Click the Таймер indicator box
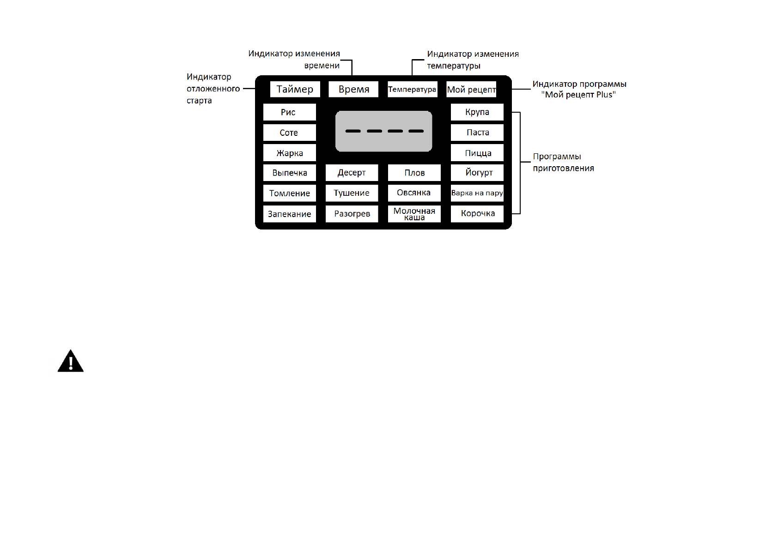pos(295,89)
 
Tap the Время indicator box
pos(353,89)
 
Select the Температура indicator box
pos(412,89)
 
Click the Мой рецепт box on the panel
pos(471,89)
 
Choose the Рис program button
pos(289,112)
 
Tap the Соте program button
pos(289,133)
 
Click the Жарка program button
pos(289,153)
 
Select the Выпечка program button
pos(289,173)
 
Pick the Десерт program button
pos(352,173)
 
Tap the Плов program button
pos(414,173)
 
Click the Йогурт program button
pos(477,173)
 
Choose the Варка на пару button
pos(477,193)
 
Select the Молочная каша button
pos(414,214)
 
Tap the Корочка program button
pos(477,214)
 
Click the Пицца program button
pos(477,153)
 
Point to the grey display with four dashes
pos(383,131)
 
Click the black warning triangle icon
pos(71,362)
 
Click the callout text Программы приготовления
pos(563,163)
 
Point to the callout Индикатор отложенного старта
pos(213,89)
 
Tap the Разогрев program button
pos(352,214)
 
